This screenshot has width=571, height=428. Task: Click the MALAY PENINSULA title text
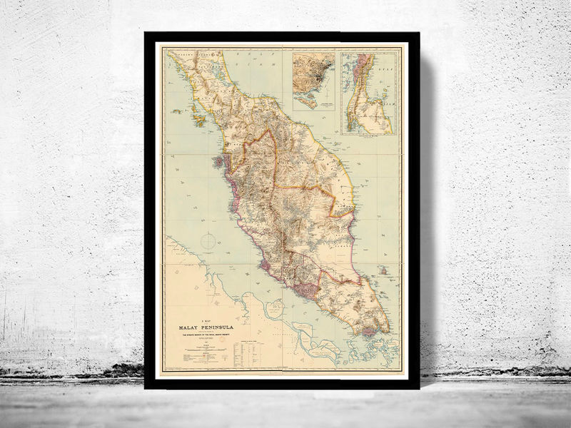point(203,329)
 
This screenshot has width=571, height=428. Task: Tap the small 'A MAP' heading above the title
point(203,322)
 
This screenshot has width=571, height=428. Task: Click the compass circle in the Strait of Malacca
point(208,241)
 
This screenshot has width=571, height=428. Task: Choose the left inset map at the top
point(313,78)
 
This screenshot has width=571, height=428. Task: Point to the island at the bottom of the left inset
point(307,102)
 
